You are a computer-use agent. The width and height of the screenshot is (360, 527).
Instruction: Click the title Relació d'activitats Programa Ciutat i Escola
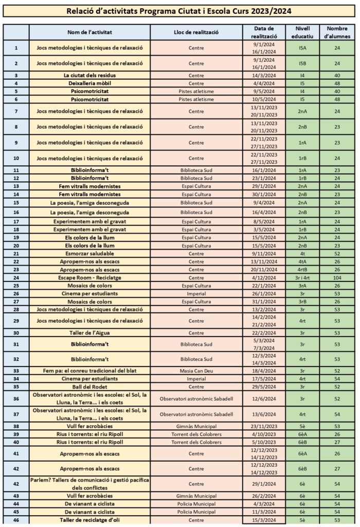[x=179, y=11]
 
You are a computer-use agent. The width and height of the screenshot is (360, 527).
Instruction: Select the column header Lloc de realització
[x=196, y=32]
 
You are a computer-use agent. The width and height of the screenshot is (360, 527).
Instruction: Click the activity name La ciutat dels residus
[x=89, y=75]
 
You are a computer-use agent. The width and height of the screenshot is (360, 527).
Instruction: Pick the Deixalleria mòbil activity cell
[x=89, y=83]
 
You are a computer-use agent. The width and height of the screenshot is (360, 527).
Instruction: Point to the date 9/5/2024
[x=265, y=91]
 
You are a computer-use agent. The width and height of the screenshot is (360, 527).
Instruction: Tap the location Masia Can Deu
[x=196, y=371]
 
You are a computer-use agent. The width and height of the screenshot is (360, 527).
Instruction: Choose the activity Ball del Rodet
[x=89, y=386]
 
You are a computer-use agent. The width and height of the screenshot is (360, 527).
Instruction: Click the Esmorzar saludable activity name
[x=89, y=254]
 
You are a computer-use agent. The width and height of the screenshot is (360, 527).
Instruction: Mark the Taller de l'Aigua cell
[x=89, y=332]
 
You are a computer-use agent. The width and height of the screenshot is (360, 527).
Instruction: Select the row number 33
[x=16, y=371]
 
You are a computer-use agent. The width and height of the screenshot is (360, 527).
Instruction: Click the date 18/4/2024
[x=265, y=371]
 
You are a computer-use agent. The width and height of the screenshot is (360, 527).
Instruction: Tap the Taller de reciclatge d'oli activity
[x=89, y=520]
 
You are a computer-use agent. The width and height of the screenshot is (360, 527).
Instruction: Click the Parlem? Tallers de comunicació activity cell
[x=89, y=484]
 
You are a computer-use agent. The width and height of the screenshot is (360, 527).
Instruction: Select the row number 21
[x=16, y=254]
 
